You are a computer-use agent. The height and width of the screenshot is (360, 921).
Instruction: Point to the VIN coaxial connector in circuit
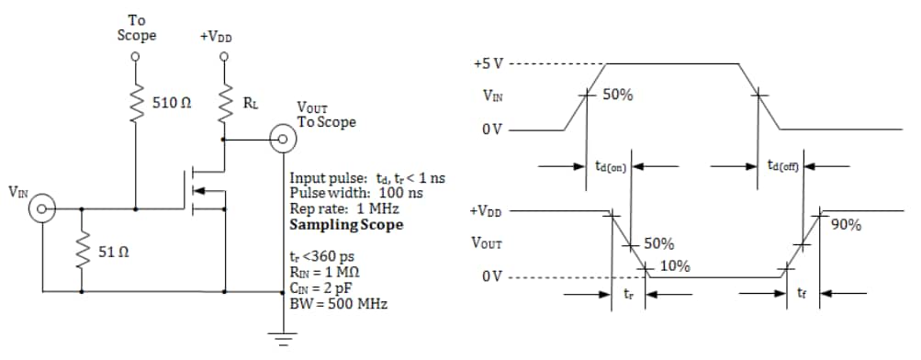coord(42,210)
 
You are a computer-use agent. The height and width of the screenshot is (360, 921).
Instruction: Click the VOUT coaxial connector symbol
coord(281,141)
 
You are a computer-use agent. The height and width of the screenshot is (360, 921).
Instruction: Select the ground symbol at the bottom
coord(281,342)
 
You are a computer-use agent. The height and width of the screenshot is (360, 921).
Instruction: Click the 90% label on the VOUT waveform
coord(846,225)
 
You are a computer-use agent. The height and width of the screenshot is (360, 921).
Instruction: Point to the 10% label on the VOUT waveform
coord(675,266)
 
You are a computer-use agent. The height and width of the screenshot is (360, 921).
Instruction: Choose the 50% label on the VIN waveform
coord(617,96)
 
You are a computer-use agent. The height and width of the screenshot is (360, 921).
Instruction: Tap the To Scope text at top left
coord(136,28)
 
